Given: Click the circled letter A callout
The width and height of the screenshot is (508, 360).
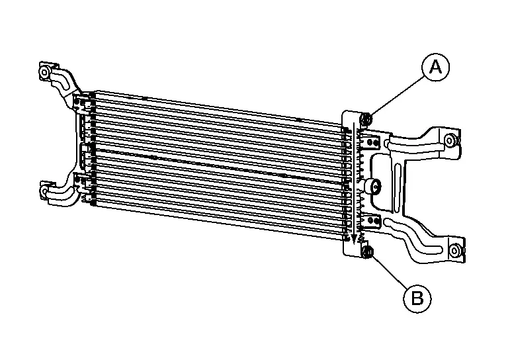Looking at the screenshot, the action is (435, 67).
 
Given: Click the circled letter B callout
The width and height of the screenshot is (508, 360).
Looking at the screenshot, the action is (417, 298).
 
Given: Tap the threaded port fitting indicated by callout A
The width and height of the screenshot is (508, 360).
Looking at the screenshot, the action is (366, 119).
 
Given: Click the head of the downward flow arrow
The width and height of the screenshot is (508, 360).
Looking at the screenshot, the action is (354, 239).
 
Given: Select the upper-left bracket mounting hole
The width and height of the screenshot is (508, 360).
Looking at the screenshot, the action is (44, 72).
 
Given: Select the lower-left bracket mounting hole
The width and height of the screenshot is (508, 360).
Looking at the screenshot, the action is (44, 190).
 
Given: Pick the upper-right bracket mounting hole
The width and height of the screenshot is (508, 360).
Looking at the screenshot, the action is (449, 140).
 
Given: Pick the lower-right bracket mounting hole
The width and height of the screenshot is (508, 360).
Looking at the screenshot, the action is (455, 250).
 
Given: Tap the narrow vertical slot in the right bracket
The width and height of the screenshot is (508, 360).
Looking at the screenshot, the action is (398, 187).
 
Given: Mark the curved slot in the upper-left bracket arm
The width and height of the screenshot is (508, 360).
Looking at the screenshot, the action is (61, 80).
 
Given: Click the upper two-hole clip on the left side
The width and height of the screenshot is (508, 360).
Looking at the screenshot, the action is (80, 103).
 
